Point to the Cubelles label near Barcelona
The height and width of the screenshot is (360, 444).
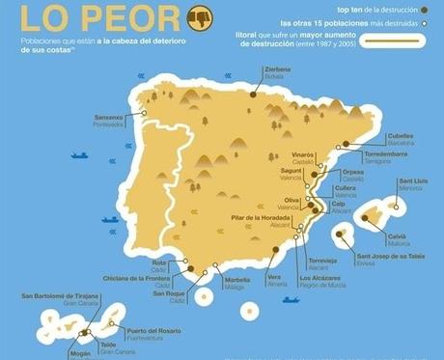click(x=400, y=136)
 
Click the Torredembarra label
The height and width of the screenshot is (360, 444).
click(x=389, y=154)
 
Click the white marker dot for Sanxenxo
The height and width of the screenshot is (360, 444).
click(x=144, y=114)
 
